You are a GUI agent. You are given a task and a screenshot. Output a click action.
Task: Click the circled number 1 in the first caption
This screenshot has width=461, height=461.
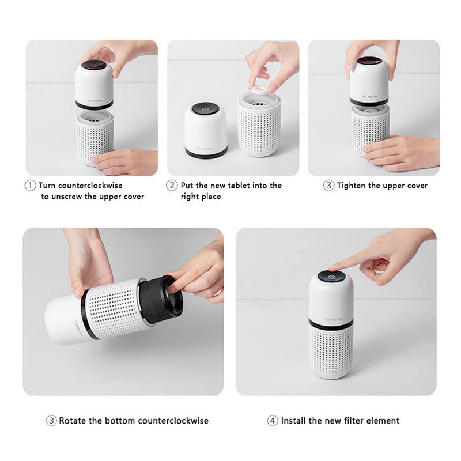click(x=30, y=186)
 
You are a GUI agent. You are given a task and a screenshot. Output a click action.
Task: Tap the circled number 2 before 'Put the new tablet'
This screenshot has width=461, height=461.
click(x=172, y=186)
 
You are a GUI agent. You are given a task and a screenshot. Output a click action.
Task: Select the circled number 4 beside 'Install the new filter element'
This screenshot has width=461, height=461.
click(x=272, y=421)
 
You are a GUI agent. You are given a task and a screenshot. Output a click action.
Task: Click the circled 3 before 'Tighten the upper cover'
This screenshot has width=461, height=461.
click(x=328, y=186)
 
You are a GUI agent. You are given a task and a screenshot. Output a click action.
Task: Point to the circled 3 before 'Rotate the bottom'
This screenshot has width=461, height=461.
click(x=51, y=421)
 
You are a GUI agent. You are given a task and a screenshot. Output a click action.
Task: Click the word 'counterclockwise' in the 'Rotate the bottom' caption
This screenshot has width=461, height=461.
click(x=173, y=421)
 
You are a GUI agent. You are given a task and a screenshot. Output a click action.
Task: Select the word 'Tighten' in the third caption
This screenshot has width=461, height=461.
click(x=352, y=186)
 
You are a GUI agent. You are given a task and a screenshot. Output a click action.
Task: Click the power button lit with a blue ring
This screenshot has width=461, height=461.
click(x=331, y=277)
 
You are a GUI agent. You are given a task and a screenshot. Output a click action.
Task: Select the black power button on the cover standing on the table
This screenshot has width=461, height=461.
click(x=205, y=108)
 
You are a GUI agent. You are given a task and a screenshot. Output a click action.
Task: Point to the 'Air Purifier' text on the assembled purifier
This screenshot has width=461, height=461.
click(x=334, y=319)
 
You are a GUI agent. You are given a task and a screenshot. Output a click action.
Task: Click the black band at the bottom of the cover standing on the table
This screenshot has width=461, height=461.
click(x=206, y=153)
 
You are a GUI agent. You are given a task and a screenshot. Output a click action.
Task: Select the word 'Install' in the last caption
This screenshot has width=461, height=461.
click(x=293, y=421)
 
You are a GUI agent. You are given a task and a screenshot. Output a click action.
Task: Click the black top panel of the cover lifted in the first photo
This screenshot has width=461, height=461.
click(x=94, y=65)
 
